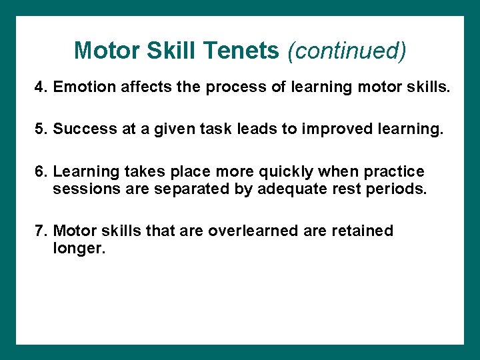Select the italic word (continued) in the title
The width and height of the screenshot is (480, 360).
click(346, 51)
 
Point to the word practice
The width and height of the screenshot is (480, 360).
click(394, 171)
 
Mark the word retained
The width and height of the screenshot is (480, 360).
click(360, 231)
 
